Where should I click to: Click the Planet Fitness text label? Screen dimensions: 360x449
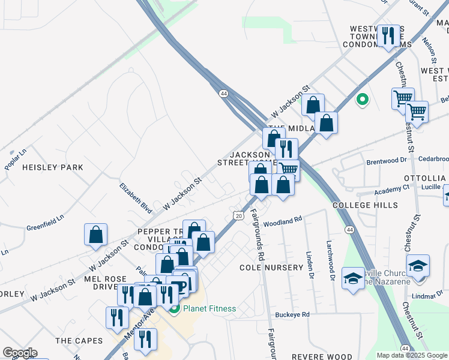(x=209, y=309)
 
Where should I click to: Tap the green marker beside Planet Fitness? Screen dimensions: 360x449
(x=175, y=309)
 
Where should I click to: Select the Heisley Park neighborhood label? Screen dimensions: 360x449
(x=52, y=167)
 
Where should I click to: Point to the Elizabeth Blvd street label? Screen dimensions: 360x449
(x=136, y=199)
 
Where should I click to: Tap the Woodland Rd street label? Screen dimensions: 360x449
(x=282, y=221)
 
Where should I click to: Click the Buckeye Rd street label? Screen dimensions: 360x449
(x=292, y=314)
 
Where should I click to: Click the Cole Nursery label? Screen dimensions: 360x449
(x=271, y=267)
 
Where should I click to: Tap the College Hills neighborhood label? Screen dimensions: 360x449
(x=365, y=205)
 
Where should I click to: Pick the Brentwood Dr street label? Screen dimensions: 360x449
(x=387, y=161)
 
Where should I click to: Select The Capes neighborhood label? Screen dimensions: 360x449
(x=79, y=341)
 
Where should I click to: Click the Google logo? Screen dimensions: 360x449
(x=20, y=353)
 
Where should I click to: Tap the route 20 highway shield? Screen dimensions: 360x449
(x=238, y=215)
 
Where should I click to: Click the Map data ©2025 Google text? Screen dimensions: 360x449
(x=412, y=355)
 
